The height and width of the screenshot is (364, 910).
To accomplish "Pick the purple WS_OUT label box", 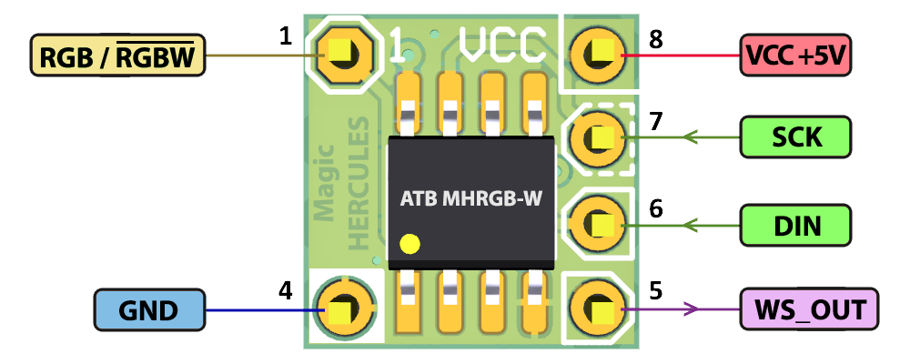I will pos(809,310).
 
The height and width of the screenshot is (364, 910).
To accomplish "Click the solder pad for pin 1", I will pos(341,56).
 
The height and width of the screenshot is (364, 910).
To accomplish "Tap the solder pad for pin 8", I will pos(599,56).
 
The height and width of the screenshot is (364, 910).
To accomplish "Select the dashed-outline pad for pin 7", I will pos(599,138).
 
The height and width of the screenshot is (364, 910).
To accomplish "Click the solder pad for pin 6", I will pos(599,223).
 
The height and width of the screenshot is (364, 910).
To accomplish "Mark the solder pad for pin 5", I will pos(599,310).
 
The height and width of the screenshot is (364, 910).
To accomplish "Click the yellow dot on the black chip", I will pos(410,244).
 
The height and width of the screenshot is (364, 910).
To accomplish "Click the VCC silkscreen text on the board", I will pos(504,43).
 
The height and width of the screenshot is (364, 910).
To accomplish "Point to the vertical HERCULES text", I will pos(359,182).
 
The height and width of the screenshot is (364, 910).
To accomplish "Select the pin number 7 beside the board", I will pos(655,121).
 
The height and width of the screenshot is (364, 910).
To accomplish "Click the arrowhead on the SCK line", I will pos(689,138).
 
